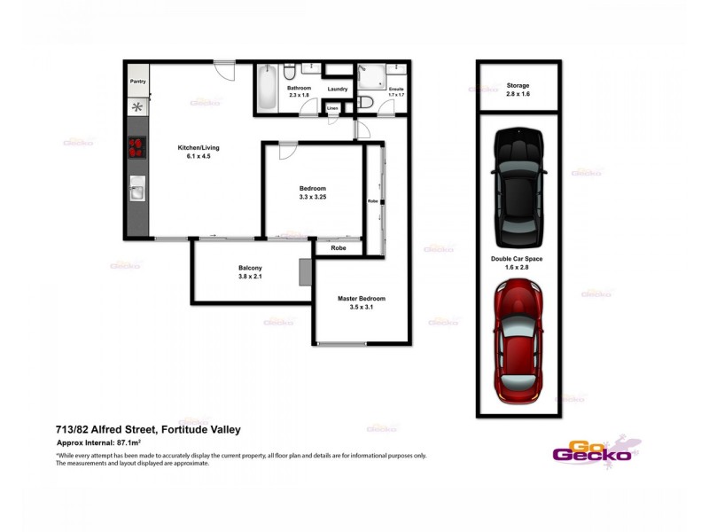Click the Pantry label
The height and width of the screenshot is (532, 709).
(137, 82)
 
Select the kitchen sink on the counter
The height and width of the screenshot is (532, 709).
(137, 188)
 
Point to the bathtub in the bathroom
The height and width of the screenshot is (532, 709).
(268, 90)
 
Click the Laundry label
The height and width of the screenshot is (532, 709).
(337, 89)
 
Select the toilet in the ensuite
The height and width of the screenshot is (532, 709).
(365, 105)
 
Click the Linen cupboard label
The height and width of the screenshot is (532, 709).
(332, 108)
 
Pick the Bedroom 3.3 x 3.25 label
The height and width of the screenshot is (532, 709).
(312, 193)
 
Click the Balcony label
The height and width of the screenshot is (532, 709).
(249, 272)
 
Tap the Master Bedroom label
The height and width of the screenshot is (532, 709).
(362, 302)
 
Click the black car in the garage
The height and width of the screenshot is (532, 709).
(518, 187)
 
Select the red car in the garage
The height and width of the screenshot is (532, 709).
(518, 341)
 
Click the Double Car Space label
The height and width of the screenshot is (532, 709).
(518, 262)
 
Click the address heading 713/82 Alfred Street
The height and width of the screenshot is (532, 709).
(148, 429)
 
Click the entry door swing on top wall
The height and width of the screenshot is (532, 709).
(223, 68)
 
